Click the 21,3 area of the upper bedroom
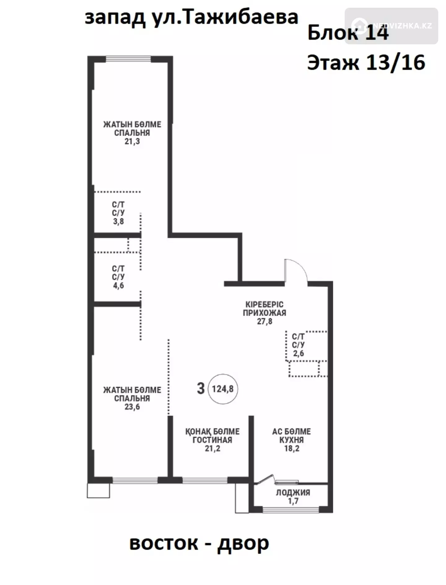coord(132,142)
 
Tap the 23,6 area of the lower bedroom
coord(132,407)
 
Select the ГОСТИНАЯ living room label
coord(212,440)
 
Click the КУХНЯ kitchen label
coord(292,440)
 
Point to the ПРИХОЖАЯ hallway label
coord(265,313)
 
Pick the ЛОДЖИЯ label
coord(293,493)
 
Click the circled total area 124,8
coord(223,388)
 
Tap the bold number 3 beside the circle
coord(201,388)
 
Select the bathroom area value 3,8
coord(118,221)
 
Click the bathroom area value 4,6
coord(118,286)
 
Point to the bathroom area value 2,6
coord(299,353)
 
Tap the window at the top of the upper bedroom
coord(128,59)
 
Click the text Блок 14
coord(348,33)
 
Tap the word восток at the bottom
coord(164,543)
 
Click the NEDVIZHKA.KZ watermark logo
coord(391,26)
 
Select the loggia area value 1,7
coord(293,501)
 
